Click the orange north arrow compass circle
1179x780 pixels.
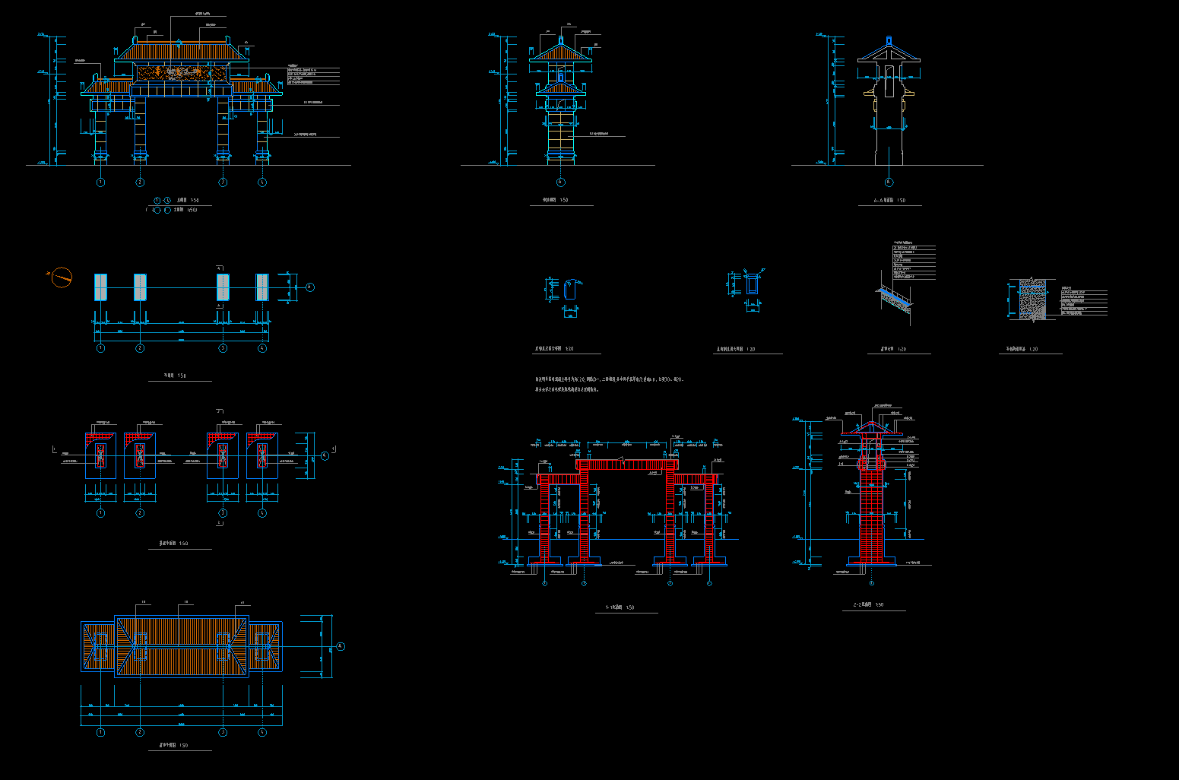pos(62,277)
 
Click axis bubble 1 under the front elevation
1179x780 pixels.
pos(100,182)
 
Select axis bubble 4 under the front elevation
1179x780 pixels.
pos(262,182)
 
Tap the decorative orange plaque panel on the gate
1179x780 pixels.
pos(182,73)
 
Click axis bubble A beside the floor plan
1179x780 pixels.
pos(309,287)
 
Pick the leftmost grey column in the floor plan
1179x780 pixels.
pos(101,287)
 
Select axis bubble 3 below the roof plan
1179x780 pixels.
pos(223,732)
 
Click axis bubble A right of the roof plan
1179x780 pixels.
pos(340,646)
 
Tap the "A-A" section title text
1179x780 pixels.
pos(889,201)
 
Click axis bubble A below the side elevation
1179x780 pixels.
pos(561,182)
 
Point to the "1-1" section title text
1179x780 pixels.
pos(620,607)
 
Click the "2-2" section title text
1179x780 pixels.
pos(868,605)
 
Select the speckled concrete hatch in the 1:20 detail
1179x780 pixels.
pos(1032,298)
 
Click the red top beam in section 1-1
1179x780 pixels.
pos(626,465)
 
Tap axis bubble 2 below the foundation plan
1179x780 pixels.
pos(140,513)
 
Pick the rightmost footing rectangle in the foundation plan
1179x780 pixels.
pos(262,455)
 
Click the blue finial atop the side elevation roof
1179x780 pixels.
pos(561,40)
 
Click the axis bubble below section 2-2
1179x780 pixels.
pos(871,583)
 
